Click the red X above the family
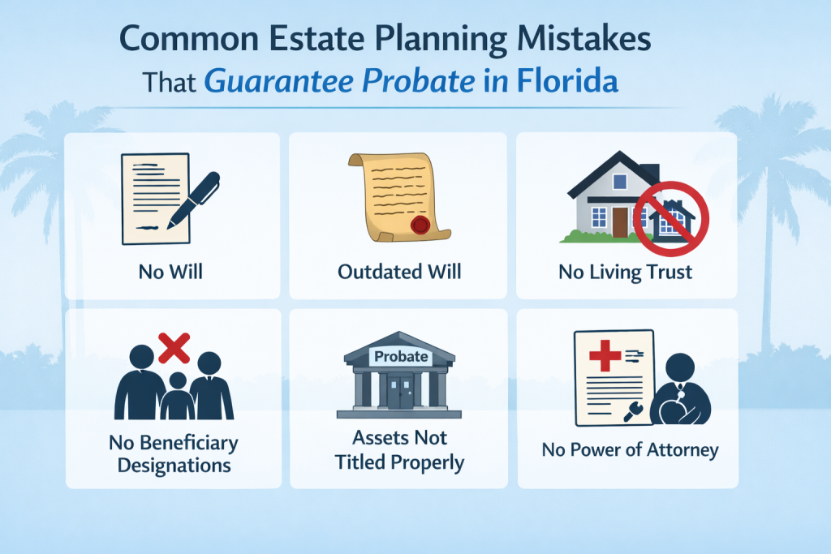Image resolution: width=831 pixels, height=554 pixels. click(x=174, y=348)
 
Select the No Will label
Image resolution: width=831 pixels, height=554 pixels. click(x=171, y=271)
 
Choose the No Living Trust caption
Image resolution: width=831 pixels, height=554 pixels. click(x=626, y=271)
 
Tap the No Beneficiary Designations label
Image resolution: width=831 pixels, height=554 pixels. click(x=173, y=454)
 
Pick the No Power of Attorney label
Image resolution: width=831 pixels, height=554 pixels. click(x=630, y=449)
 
